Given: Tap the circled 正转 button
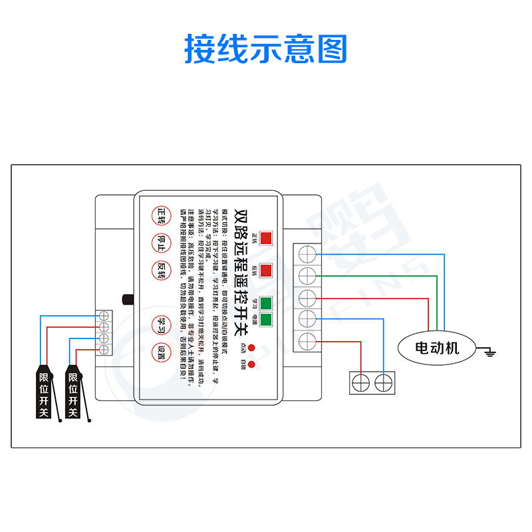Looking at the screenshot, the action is [162, 214].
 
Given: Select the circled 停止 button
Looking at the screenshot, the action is [162, 241].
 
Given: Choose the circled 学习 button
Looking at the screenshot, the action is [162, 323].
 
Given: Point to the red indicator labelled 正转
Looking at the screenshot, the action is [266, 238].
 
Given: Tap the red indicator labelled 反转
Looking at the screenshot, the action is [266, 271].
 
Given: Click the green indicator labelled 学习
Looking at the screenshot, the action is [266, 305].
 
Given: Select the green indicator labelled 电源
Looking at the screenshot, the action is [266, 320].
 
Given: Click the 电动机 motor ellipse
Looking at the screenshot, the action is [437, 347].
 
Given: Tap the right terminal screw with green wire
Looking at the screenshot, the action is [307, 275].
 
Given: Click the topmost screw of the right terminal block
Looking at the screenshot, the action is [307, 253].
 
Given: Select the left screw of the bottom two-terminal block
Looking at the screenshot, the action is [361, 382].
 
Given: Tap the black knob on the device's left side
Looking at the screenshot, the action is [128, 299].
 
